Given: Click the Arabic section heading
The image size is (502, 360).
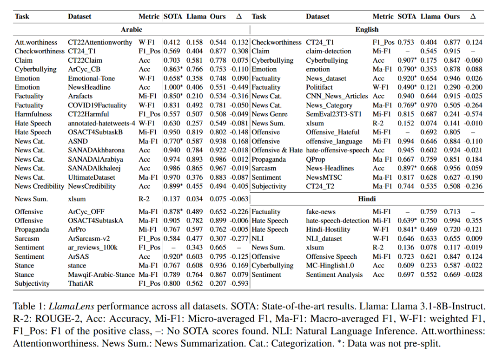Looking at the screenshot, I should tap(132, 29).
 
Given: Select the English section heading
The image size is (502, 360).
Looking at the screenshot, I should tap(367, 29).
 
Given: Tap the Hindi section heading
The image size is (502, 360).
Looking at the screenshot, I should tap(367, 198).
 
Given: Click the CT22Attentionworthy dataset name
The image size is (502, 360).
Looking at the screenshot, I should tap(100, 42).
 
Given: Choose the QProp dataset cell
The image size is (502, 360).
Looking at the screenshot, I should tap(316, 159).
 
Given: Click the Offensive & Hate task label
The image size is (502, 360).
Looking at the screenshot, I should tap(277, 151).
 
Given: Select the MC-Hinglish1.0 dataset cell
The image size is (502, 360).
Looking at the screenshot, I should tap(330, 266).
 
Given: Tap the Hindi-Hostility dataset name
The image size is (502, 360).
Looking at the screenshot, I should tap(328, 229).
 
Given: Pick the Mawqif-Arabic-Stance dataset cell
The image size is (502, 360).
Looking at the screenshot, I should tap(101, 275).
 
